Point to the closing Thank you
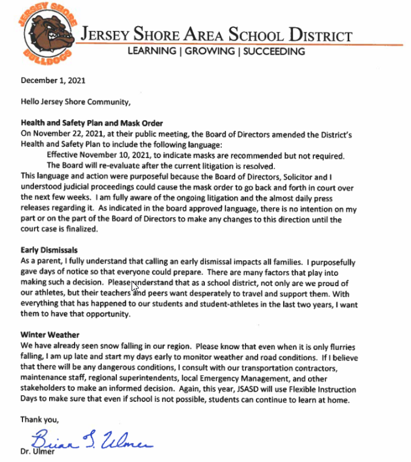point(40,419)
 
